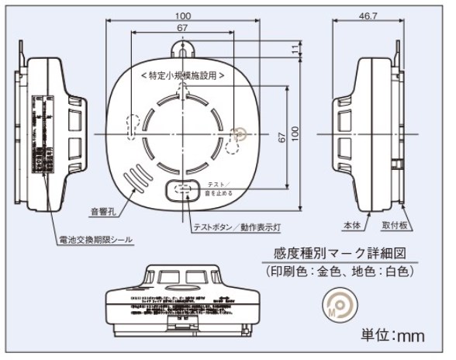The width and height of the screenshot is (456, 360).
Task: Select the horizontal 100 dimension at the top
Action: (x=183, y=16)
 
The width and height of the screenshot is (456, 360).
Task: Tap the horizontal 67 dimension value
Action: (x=183, y=28)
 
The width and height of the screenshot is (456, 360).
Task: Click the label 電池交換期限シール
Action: (x=95, y=241)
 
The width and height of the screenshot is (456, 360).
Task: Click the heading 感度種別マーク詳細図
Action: (x=340, y=254)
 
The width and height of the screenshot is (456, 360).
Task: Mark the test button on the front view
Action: (x=184, y=189)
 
